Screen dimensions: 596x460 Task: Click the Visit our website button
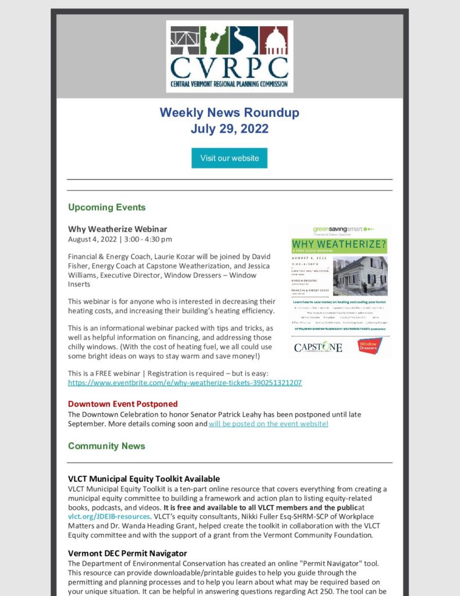tap(229, 158)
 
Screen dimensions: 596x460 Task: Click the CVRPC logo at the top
tap(229, 56)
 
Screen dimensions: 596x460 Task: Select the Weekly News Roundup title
tap(229, 112)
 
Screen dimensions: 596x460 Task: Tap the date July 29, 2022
tap(229, 128)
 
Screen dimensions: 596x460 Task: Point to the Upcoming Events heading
tap(106, 207)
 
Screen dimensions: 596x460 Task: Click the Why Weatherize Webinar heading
tap(117, 229)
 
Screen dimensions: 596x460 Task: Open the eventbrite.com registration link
tap(185, 383)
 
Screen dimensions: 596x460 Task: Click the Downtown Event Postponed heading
tap(123, 403)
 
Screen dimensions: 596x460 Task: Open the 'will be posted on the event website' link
tap(268, 424)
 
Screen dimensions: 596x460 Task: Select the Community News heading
tap(106, 446)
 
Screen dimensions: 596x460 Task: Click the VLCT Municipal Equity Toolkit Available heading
tap(144, 479)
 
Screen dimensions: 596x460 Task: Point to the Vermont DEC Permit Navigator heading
tap(127, 553)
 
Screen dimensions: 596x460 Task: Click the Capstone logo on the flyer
tap(318, 347)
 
